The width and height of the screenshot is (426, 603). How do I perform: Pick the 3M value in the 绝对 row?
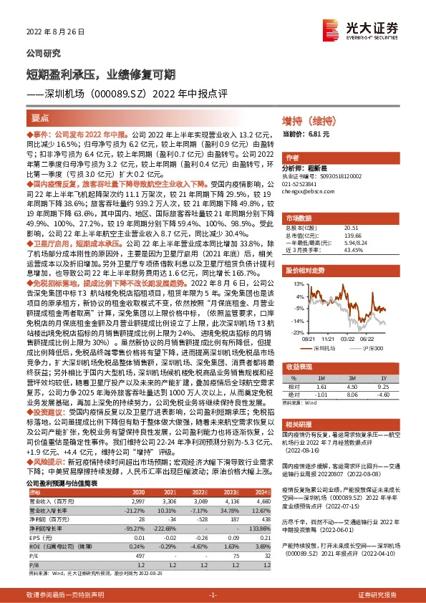[x=351, y=393]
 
